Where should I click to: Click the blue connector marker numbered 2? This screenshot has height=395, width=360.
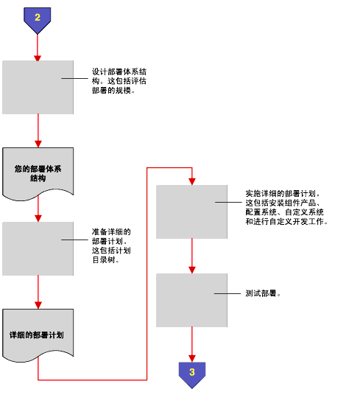[38, 20]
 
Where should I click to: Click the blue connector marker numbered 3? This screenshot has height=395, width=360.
[192, 374]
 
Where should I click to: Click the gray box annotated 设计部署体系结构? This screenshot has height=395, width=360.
[38, 87]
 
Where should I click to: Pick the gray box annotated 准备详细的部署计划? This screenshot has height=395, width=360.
[38, 248]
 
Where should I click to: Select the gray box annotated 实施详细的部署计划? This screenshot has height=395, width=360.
[191, 212]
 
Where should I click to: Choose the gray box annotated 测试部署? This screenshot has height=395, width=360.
[191, 300]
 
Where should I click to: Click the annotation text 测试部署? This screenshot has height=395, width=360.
[263, 293]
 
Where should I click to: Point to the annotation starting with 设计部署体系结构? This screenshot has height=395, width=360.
[119, 81]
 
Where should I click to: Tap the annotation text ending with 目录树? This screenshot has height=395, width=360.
[111, 246]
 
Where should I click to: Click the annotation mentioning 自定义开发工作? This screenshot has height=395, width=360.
[286, 208]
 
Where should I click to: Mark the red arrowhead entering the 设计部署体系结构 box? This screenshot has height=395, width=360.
[38, 58]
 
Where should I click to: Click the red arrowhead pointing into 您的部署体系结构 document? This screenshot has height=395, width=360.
[38, 144]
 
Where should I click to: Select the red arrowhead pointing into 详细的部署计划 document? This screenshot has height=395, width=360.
[38, 306]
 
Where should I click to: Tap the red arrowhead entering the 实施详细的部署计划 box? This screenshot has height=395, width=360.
[192, 181]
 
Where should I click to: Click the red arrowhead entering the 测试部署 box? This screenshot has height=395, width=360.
[192, 270]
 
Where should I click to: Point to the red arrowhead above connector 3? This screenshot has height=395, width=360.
[192, 359]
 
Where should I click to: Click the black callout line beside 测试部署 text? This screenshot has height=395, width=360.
[227, 293]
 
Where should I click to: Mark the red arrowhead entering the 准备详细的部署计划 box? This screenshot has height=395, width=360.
[38, 218]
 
